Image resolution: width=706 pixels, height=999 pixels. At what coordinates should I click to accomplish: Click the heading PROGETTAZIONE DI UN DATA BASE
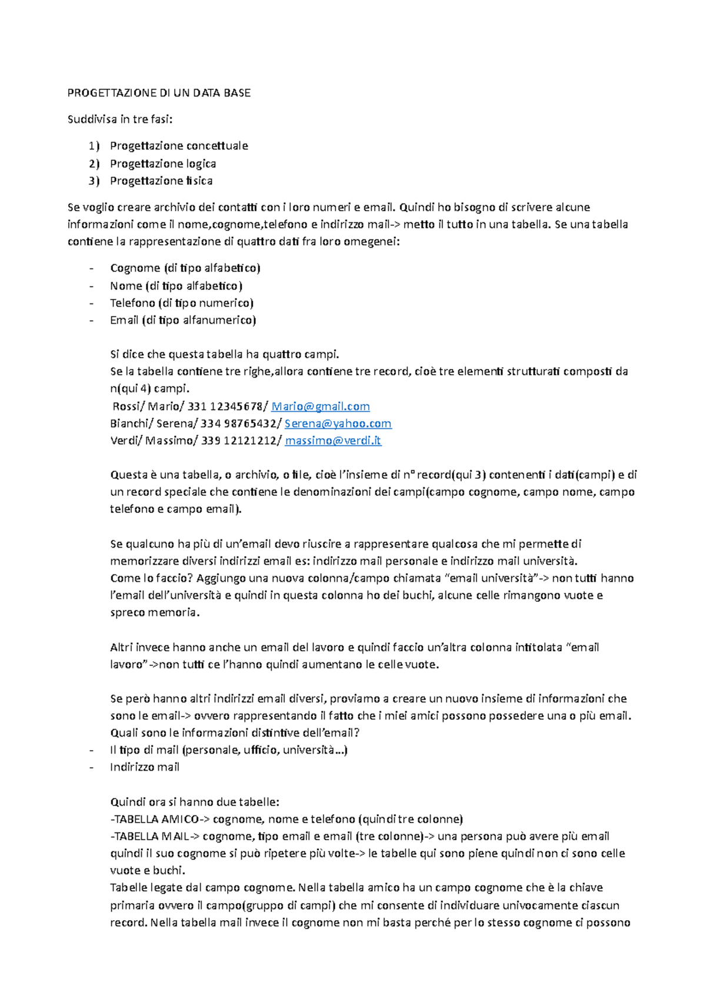[x=159, y=93]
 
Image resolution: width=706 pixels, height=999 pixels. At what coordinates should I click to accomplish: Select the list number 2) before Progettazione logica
[x=94, y=164]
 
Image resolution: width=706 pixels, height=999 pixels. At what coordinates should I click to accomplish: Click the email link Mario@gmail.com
[x=321, y=407]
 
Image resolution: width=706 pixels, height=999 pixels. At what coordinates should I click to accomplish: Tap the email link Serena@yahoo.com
[x=338, y=424]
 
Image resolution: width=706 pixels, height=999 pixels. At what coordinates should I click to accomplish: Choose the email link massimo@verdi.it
[x=333, y=441]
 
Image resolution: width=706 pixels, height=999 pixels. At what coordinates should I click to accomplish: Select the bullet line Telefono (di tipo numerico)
[x=181, y=303]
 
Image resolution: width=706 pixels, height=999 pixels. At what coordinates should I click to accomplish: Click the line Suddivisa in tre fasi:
[x=120, y=119]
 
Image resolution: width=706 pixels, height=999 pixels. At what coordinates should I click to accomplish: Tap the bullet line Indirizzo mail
[x=144, y=767]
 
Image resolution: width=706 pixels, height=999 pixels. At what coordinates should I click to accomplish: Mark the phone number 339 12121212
[x=238, y=441]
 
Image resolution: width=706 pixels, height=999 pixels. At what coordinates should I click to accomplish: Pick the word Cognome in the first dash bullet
[x=135, y=268]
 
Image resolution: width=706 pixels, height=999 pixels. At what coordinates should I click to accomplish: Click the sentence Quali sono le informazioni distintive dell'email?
[x=235, y=733]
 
